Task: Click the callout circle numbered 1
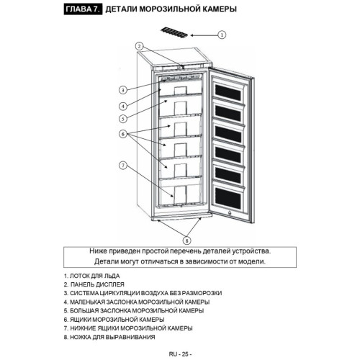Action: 222,35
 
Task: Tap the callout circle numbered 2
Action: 140,46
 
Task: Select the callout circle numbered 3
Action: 123,90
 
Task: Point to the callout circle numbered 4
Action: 123,106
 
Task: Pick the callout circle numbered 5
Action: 123,119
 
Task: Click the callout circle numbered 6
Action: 123,134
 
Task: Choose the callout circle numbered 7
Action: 123,166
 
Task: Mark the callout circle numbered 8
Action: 187,240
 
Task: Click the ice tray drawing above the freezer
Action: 174,33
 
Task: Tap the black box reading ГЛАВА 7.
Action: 83,9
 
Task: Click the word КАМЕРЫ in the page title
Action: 220,9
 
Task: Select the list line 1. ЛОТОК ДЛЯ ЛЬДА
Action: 91,276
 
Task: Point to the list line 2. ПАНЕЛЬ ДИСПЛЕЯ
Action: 94,284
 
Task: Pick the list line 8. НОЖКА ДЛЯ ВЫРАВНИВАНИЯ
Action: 109,337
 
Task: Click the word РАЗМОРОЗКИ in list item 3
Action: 202,293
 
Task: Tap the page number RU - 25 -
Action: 180,354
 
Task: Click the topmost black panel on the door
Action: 228,92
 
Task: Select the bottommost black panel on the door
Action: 228,199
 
